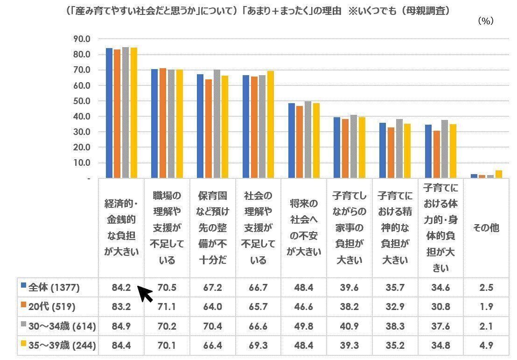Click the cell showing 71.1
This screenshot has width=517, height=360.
(167, 307)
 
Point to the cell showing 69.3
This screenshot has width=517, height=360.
(258, 346)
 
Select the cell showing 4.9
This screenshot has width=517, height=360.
(486, 346)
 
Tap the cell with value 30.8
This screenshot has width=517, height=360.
(440, 307)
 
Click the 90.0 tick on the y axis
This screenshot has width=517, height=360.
(82, 39)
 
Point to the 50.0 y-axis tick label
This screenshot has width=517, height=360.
(82, 101)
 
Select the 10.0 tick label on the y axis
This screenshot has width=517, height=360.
(82, 162)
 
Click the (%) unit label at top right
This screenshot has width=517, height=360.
(486, 21)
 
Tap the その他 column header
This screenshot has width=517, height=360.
(486, 228)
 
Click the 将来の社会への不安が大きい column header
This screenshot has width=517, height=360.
(303, 227)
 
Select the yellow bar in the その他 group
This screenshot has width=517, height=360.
(499, 174)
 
